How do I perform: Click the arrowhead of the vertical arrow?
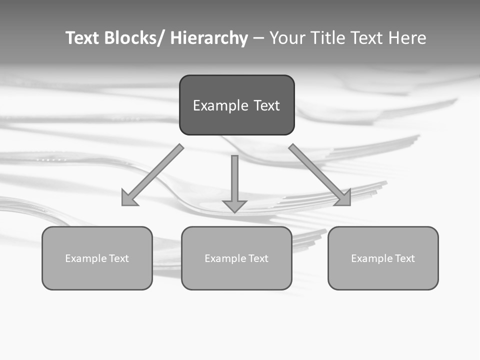pos(234,205)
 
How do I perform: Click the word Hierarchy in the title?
pos(209,38)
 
